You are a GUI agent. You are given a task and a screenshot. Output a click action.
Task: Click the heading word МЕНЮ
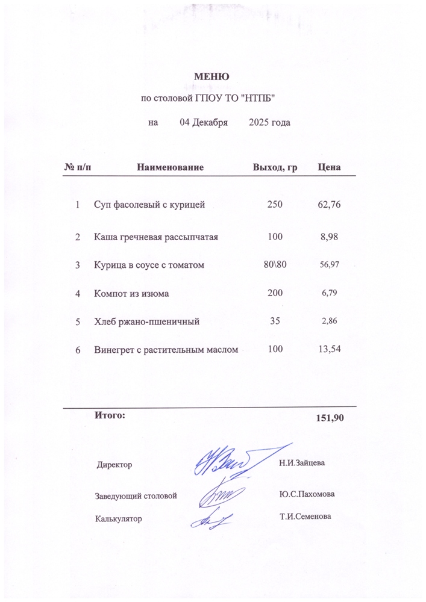tap(211, 76)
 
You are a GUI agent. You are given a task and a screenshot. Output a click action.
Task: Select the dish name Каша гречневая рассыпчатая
tap(155, 237)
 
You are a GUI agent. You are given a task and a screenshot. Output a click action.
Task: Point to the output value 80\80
tap(275, 265)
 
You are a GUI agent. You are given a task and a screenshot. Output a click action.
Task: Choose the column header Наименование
tap(170, 167)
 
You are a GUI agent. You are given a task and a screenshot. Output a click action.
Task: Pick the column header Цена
tap(329, 167)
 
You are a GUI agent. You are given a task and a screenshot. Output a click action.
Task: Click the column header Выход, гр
tap(275, 167)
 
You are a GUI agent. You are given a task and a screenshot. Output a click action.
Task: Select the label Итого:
tap(110, 415)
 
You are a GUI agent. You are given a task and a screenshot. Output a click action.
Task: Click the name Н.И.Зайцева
tap(302, 463)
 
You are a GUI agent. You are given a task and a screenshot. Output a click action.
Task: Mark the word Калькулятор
tap(118, 518)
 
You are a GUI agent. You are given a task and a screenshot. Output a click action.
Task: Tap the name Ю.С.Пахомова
tap(307, 494)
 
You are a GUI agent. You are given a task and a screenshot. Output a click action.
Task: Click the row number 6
tap(78, 350)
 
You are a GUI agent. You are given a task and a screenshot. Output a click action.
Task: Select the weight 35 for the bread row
tap(275, 321)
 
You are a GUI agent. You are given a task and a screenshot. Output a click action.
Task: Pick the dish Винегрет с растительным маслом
tap(166, 350)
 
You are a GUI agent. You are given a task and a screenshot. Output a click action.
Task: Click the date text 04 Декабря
tap(203, 123)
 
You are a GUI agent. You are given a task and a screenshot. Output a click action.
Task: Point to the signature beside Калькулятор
tap(213, 518)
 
